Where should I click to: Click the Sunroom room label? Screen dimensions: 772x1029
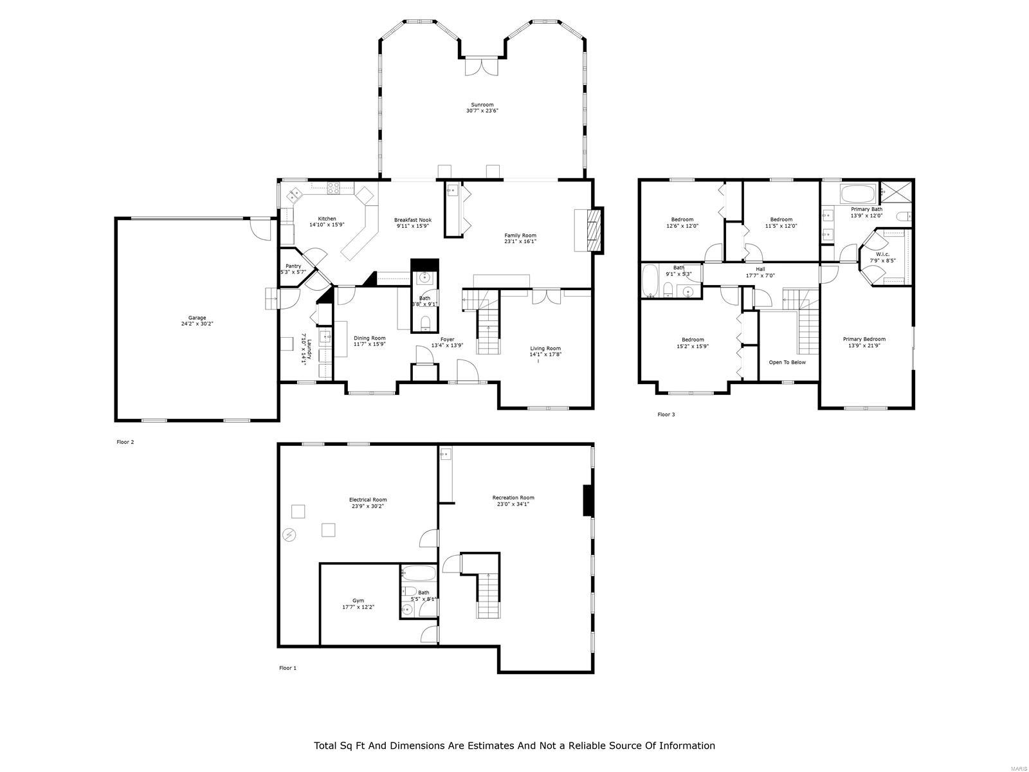point(482,105)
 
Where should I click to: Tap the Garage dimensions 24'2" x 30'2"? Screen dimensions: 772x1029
point(197,324)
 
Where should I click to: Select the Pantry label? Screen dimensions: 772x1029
point(293,266)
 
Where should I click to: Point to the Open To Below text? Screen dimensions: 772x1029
point(787,362)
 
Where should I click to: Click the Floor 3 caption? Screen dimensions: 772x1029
point(666,414)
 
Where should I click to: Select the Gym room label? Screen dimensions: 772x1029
point(358,600)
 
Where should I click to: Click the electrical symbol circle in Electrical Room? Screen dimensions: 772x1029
point(290,535)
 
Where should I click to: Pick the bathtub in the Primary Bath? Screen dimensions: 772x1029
point(858,193)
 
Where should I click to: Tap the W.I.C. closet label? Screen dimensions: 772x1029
point(882,254)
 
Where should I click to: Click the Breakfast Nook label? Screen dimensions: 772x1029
point(413,220)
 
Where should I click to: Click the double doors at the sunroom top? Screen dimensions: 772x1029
point(482,66)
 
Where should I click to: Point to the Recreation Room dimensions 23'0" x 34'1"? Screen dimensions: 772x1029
point(513,504)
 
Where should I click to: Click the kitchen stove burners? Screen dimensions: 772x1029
point(334,188)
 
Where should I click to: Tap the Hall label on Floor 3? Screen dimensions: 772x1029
point(760,269)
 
